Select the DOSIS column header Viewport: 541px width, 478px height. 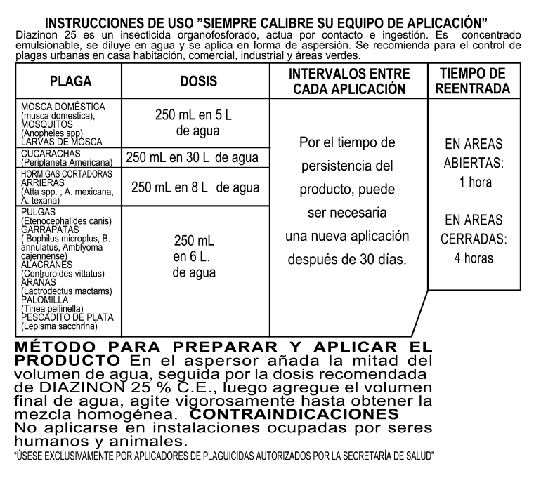point(197,82)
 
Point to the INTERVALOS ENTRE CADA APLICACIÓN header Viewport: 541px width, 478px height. point(348,81)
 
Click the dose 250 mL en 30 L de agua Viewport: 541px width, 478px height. point(192,158)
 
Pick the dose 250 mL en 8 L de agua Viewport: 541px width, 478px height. point(195,187)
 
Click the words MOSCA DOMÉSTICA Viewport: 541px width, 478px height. point(63,106)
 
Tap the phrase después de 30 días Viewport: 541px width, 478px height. point(347,259)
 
